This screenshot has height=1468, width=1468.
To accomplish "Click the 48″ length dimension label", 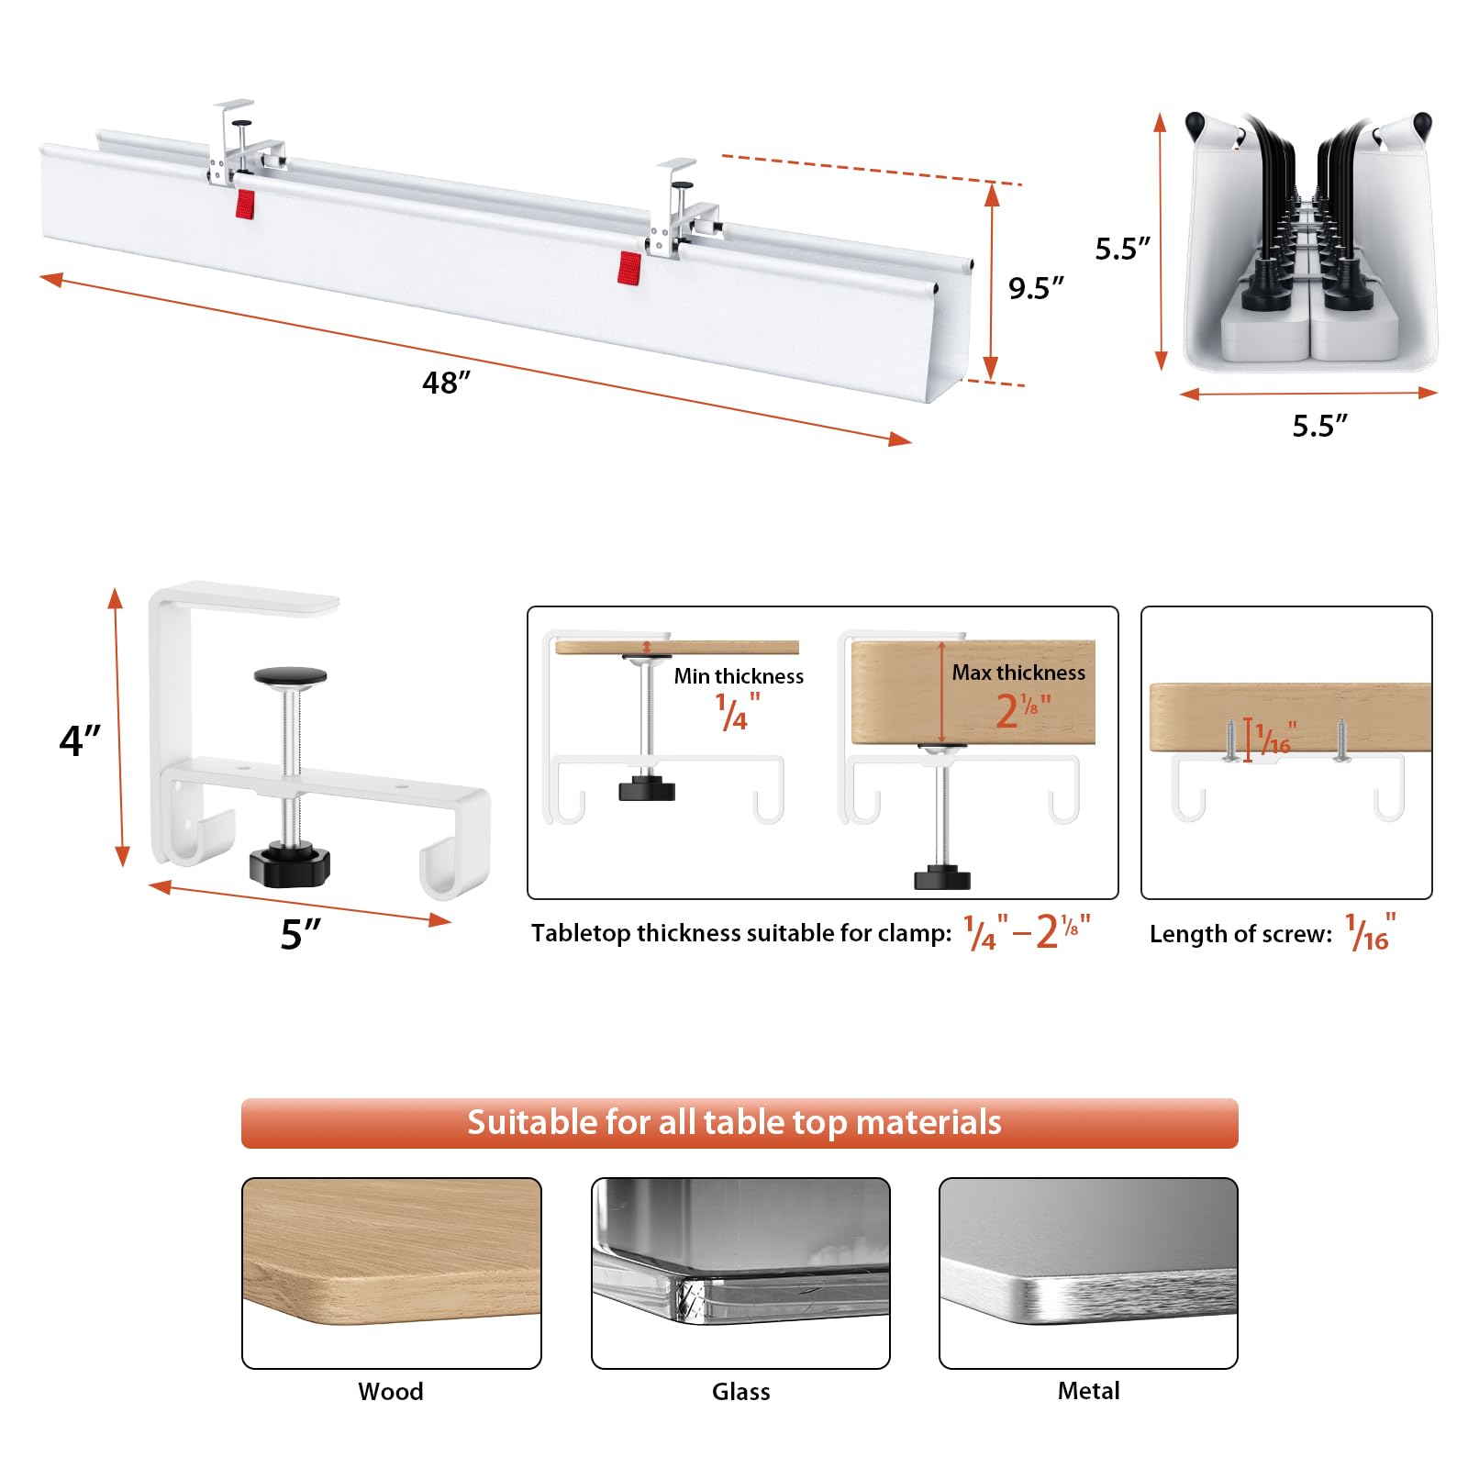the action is tap(446, 383).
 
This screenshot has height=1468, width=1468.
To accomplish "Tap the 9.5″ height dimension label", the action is tap(1036, 288).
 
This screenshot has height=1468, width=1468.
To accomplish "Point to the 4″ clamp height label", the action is tap(80, 740).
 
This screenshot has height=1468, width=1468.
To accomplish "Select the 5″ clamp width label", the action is tap(300, 934).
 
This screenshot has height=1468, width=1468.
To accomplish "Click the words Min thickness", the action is tap(739, 676).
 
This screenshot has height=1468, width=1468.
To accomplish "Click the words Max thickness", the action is tap(1018, 673).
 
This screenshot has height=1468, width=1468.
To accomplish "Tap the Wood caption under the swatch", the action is tap(391, 1391).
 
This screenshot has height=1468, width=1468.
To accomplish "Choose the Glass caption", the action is tap(740, 1391).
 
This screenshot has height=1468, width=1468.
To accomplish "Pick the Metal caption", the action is tap(1088, 1391).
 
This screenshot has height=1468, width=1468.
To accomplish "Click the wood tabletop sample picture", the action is tap(392, 1273).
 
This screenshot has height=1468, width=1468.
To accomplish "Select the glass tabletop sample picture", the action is tap(740, 1273).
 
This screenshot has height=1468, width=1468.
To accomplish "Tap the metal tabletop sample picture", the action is tap(1088, 1273).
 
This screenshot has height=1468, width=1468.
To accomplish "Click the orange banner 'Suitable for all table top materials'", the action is tap(740, 1123).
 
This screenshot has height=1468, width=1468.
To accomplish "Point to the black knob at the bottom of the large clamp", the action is tap(289, 864).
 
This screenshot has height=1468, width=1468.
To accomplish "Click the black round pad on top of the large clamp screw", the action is tap(290, 676).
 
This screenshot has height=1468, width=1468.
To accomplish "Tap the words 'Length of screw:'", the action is tap(1240, 934).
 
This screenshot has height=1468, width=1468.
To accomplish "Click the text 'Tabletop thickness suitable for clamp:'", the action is tap(741, 933).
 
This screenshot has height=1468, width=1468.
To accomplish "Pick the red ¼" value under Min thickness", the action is tap(739, 711).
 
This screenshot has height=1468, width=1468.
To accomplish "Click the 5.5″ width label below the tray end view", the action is tap(1319, 426).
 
